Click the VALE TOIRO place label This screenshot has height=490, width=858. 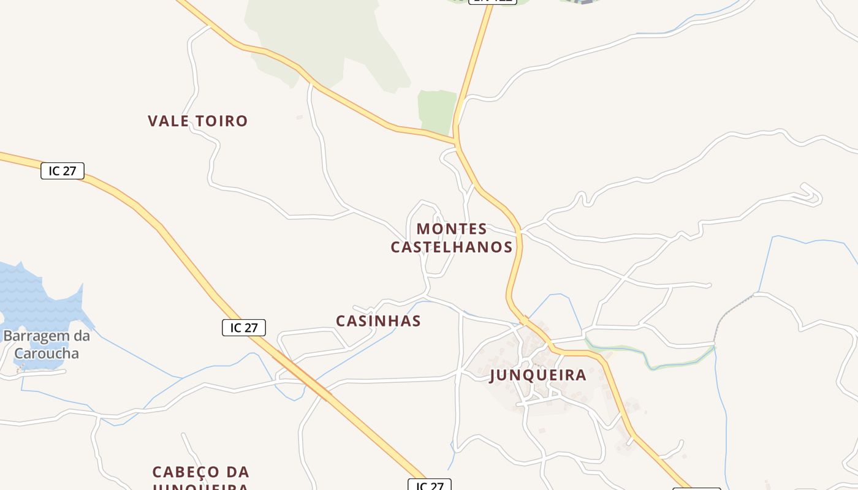(x=197, y=121)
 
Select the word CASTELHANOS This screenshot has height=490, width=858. (x=452, y=247)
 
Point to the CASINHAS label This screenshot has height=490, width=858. (x=378, y=321)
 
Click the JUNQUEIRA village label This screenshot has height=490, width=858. (x=537, y=375)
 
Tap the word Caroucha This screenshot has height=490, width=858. (x=47, y=353)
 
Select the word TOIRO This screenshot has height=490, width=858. (x=221, y=121)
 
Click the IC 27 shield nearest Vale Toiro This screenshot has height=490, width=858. (x=62, y=171)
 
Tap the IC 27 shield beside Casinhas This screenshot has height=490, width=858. (x=243, y=328)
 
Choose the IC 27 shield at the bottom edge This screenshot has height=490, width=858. (x=429, y=486)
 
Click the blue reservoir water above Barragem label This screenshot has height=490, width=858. (x=37, y=300)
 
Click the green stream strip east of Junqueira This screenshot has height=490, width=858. (x=650, y=361)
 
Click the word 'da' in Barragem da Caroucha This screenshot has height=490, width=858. (x=82, y=336)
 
